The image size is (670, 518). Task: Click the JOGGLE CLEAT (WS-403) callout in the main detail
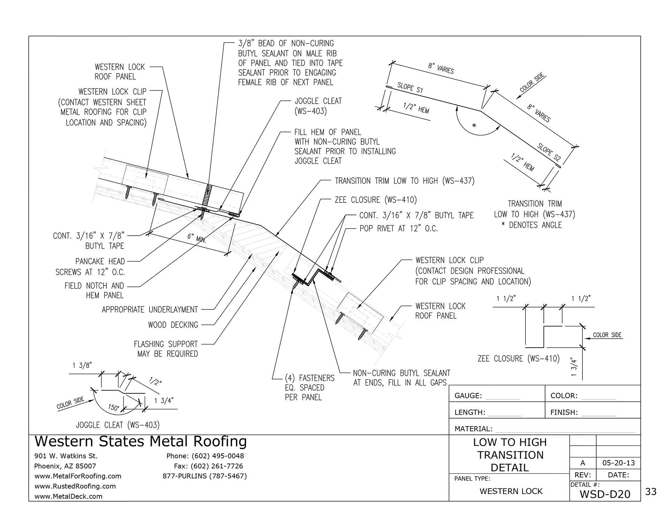pos(318,106)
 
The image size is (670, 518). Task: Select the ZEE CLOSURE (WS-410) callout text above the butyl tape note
pos(375,200)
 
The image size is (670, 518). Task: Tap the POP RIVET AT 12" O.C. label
pos(399,229)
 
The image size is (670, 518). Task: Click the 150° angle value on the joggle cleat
pos(113,407)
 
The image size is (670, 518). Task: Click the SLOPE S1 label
pos(410,88)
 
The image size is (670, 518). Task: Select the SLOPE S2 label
pos(549,152)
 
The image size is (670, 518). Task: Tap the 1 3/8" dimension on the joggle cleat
pos(82,365)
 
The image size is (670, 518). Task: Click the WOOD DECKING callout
pos(173,325)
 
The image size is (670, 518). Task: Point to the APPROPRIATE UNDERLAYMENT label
pos(150,310)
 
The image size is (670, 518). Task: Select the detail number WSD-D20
pos(605,494)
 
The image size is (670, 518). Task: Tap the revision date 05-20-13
pos(618,463)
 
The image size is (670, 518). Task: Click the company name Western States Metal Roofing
pos(141,442)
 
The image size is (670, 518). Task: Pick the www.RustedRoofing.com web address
pos(75,486)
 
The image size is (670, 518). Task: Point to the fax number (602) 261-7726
pos(208,466)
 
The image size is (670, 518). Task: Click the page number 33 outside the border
pos(651,492)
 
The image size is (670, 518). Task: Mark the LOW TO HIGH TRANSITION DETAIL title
pos(509,455)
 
